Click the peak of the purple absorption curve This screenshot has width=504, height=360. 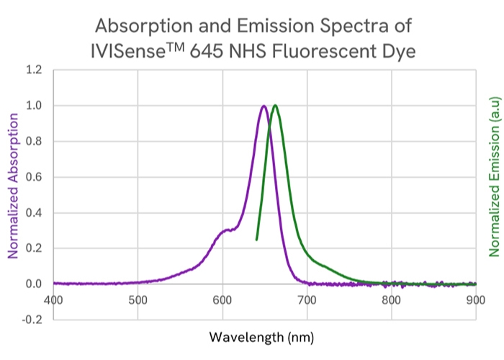point(264,107)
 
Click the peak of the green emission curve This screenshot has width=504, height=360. point(275,106)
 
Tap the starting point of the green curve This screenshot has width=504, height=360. point(257,239)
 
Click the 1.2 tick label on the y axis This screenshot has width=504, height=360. point(34,71)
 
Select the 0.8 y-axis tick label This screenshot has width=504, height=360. point(34,142)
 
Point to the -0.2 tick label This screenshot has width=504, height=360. point(32,320)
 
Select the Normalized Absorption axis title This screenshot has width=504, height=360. point(12,179)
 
